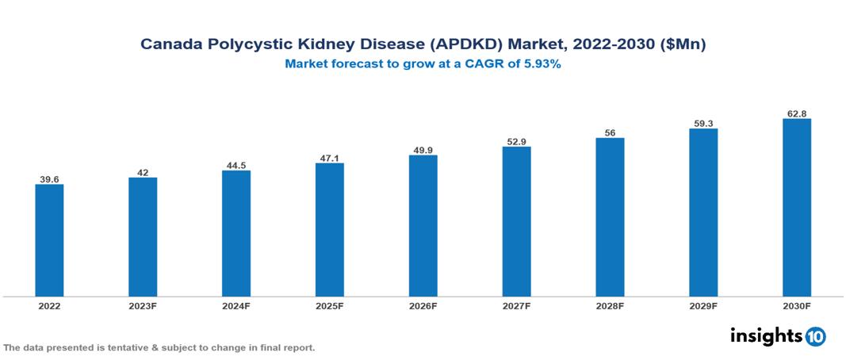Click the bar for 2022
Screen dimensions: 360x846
[49, 240]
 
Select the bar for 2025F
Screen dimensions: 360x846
[329, 229]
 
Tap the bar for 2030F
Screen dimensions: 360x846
[796, 208]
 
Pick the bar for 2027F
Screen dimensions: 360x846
[516, 221]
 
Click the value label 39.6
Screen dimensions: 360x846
[49, 178]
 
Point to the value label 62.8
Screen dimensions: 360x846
[796, 113]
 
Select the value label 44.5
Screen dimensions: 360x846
[236, 165]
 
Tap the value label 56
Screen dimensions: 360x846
[610, 132]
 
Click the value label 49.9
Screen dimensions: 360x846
[423, 150]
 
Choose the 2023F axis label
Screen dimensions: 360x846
[143, 306]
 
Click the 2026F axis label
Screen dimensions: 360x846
[423, 306]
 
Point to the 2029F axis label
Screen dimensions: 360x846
[702, 306]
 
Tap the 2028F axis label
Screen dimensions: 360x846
[610, 306]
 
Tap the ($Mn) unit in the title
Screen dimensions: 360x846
[683, 45]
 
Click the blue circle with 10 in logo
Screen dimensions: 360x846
[816, 336]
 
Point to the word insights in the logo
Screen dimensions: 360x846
[766, 335]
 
